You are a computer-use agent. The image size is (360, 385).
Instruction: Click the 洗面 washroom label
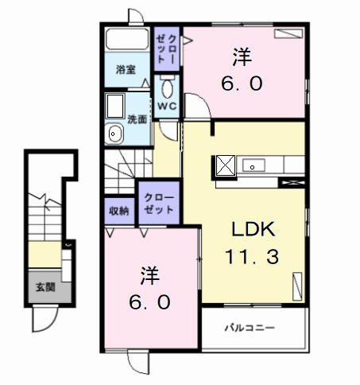click(x=137, y=119)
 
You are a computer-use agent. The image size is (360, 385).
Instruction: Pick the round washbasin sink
click(x=114, y=133)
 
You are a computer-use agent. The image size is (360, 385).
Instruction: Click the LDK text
click(x=253, y=231)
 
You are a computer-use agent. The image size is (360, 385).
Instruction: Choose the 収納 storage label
click(x=119, y=210)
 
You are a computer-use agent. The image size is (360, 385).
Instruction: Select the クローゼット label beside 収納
click(x=160, y=202)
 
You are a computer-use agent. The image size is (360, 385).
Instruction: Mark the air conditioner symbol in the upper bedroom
click(x=284, y=34)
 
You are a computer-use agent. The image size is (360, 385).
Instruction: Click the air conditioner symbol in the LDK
click(x=298, y=285)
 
